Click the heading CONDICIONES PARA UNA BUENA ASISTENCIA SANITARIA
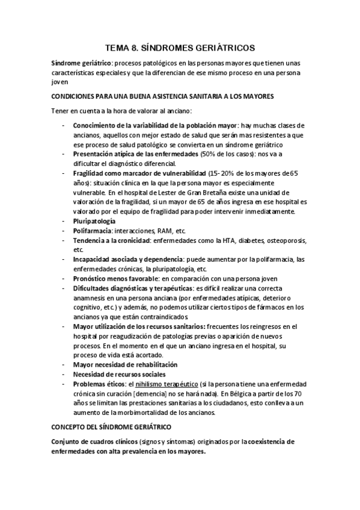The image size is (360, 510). click(163, 96)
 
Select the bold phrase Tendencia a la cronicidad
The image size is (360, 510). click(111, 241)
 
